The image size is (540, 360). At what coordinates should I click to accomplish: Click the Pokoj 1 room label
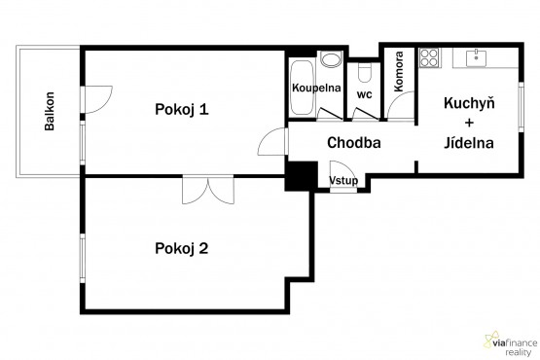tap(182, 110)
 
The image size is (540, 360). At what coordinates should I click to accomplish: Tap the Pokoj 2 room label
tap(182, 248)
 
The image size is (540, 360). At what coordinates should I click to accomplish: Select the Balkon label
tap(50, 111)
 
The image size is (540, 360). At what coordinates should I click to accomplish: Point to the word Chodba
tap(354, 143)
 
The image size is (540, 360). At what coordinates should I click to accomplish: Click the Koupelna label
tap(316, 88)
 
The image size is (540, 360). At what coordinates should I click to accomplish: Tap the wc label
tap(364, 94)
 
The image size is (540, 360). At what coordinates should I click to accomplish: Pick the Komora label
tap(399, 71)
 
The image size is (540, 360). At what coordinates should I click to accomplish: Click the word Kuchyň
tap(469, 103)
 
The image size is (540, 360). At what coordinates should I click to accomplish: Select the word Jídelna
tap(469, 143)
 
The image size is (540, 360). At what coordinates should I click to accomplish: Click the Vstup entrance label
tap(343, 180)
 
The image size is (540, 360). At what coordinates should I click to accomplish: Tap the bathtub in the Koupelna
tap(302, 88)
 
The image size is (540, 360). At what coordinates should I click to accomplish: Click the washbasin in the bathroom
tap(332, 59)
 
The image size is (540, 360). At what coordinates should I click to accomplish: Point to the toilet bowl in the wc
tap(364, 73)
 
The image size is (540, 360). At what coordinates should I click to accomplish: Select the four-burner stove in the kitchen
tap(430, 57)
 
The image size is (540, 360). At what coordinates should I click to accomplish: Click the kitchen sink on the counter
tap(477, 57)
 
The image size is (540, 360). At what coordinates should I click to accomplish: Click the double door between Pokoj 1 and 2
tap(208, 190)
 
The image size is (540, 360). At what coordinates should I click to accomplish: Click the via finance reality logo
tap(511, 343)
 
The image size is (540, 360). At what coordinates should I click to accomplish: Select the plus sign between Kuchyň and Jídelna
tap(469, 123)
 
